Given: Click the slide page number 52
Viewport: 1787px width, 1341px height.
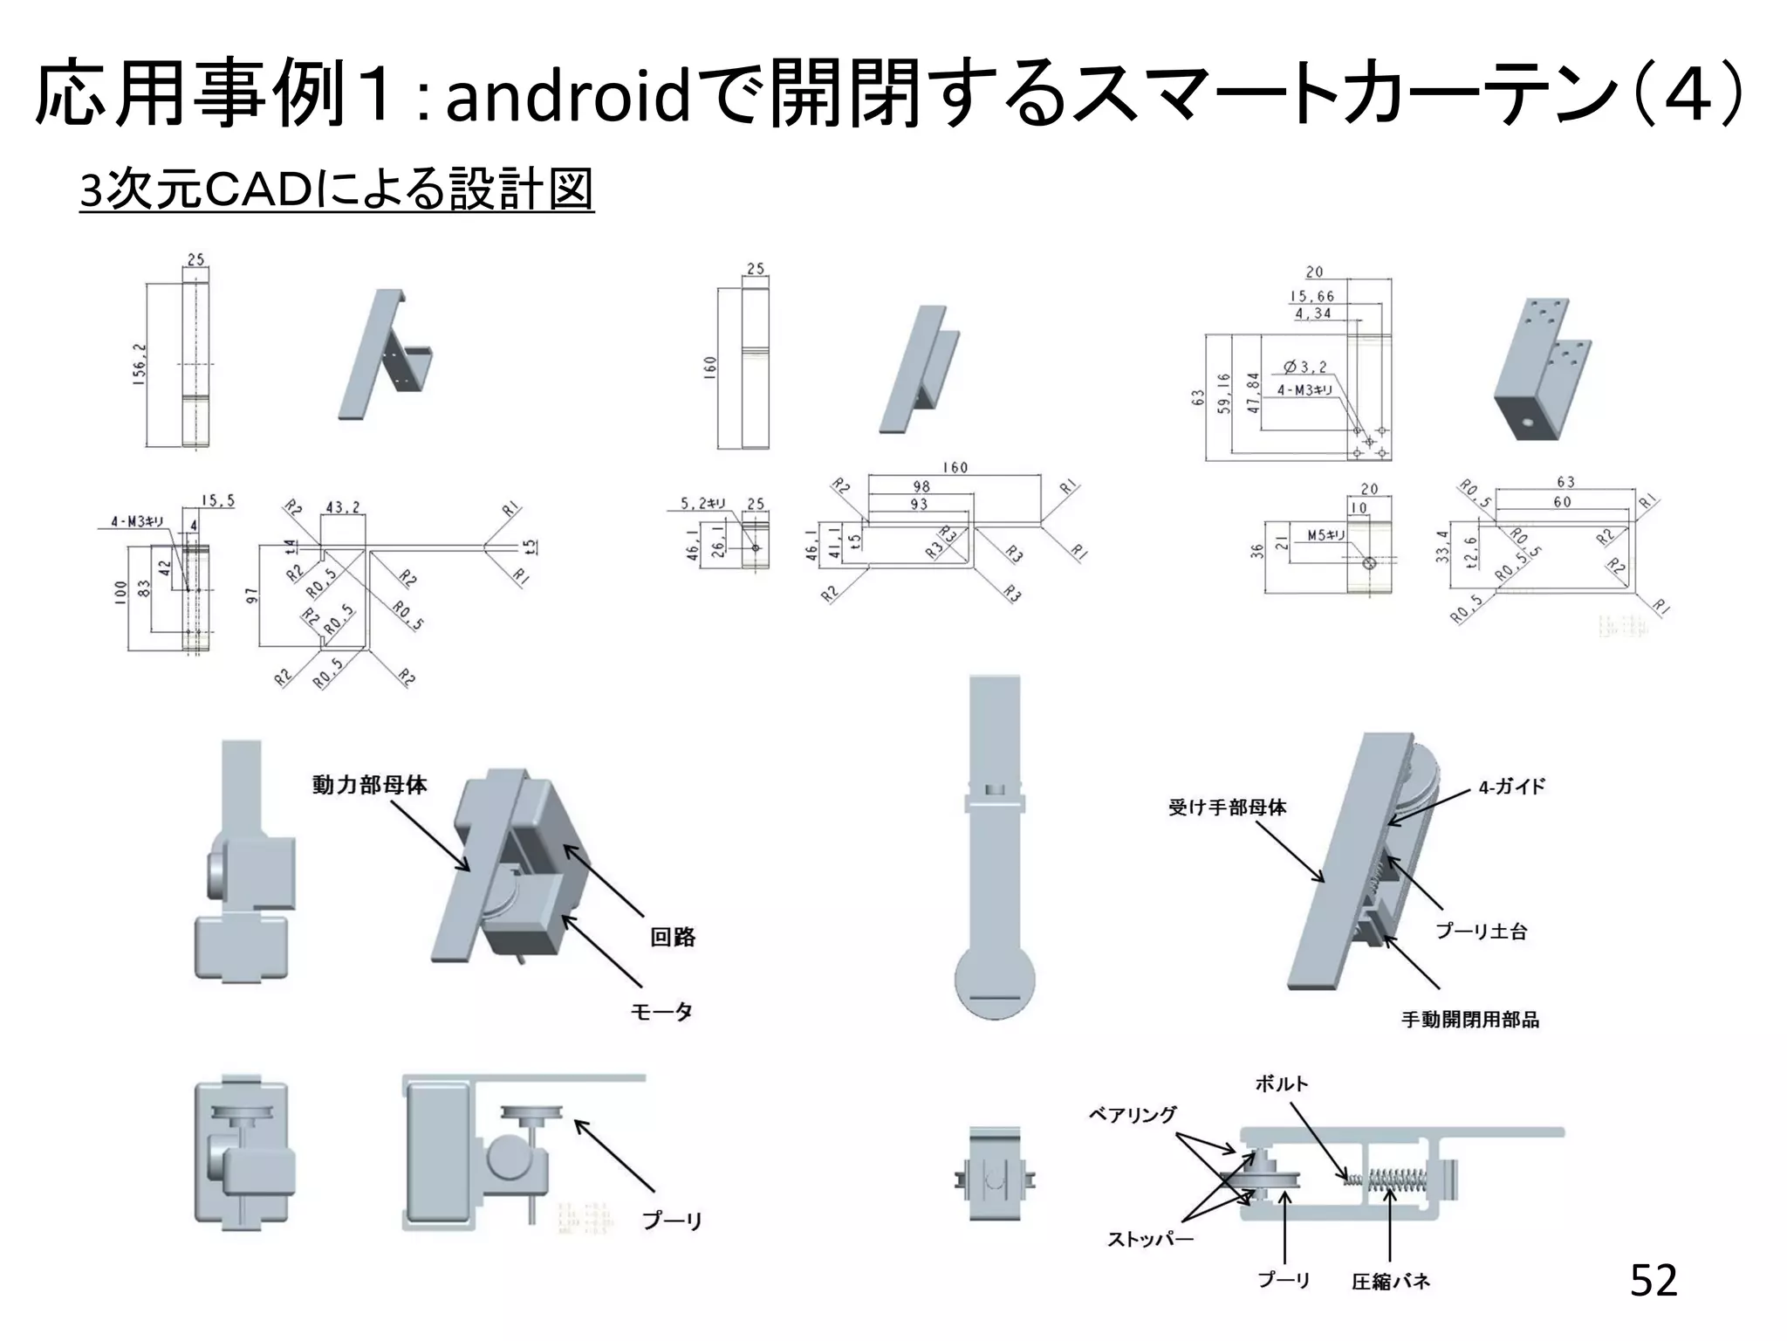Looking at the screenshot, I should [1653, 1281].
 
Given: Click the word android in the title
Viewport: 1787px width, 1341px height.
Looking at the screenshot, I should [568, 96].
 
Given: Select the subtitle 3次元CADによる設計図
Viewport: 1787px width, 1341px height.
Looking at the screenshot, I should [336, 189].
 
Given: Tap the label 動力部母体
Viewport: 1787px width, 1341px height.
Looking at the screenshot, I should [370, 785].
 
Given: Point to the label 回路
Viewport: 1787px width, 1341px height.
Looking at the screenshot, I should [673, 938].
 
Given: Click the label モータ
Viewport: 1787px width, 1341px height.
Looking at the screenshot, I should [661, 1012].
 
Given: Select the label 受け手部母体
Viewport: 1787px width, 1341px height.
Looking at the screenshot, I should [1227, 808].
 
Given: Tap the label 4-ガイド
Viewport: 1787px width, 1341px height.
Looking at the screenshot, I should [1511, 787].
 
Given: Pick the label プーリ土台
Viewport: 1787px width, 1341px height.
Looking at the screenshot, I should [1482, 932].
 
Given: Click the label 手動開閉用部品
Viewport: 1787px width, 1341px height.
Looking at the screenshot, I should [1470, 1020].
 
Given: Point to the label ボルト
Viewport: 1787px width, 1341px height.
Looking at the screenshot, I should [1282, 1084].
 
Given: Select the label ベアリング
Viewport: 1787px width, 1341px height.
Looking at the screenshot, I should [1133, 1115].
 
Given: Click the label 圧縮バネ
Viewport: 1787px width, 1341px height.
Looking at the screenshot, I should [1391, 1282].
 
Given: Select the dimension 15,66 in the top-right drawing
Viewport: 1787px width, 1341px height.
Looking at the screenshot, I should [1312, 297].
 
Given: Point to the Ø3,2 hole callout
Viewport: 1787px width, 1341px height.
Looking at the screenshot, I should [1305, 368].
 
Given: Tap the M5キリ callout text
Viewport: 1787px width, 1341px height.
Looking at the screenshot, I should [1325, 536].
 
